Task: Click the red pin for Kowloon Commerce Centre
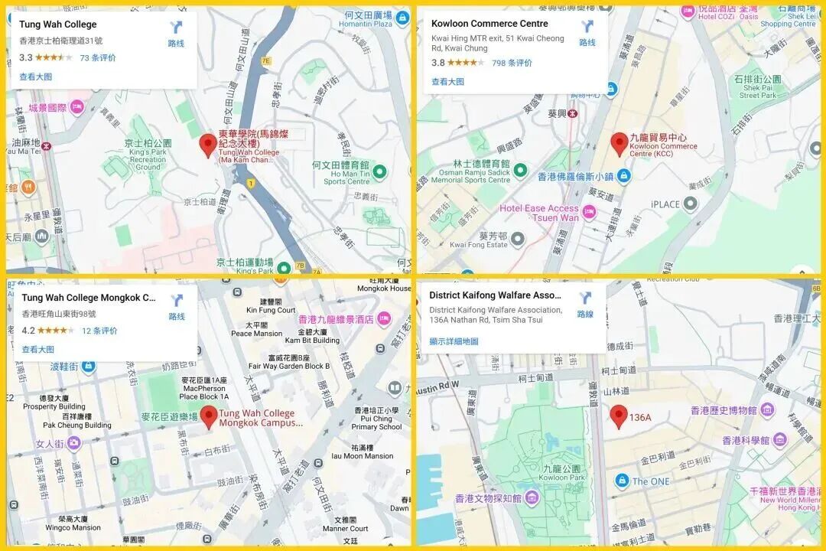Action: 619,143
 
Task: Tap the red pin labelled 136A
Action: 619,416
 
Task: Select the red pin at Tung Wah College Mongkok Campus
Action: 209,418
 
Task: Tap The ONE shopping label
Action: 650,481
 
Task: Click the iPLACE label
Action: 665,204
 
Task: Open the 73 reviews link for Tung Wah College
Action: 98,57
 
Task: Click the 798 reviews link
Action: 512,63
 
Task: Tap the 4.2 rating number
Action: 28,331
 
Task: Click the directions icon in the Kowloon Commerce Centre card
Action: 587,28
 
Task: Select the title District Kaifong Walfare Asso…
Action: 495,295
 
